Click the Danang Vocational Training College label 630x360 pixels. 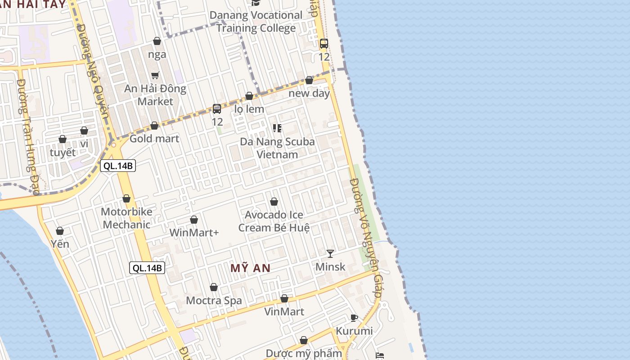(256, 22)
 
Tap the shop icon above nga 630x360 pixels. (157, 41)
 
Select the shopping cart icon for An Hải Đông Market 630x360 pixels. (155, 75)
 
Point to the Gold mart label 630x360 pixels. (154, 139)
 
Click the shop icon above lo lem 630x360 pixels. (249, 96)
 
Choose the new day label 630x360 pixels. (309, 94)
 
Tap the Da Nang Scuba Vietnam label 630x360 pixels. (277, 148)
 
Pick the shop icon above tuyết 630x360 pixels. (63, 139)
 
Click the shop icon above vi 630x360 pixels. (84, 131)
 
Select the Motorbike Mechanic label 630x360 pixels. (126, 218)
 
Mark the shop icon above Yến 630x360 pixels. (60, 231)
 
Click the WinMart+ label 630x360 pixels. (194, 233)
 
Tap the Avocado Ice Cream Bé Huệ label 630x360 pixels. (274, 221)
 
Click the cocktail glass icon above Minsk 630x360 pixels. (330, 254)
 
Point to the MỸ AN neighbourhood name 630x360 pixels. (251, 268)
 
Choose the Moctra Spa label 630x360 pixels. (214, 301)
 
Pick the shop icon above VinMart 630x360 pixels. (284, 298)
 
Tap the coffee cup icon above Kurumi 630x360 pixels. (354, 318)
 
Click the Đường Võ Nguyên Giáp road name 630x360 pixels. (367, 234)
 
